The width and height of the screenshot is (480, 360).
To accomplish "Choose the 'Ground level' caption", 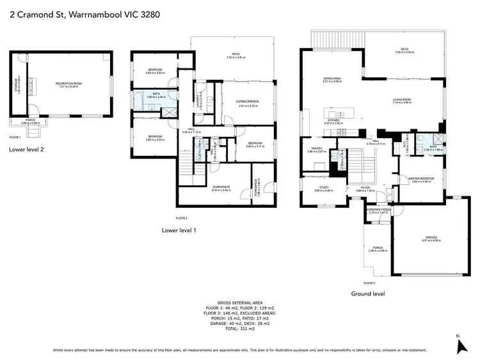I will (368, 294).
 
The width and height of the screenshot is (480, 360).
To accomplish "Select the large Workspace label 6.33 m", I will (221, 187).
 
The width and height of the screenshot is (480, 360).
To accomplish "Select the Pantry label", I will (317, 150).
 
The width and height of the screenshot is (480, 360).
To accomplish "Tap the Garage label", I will (429, 239).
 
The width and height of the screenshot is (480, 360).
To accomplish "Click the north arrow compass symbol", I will (460, 345).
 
